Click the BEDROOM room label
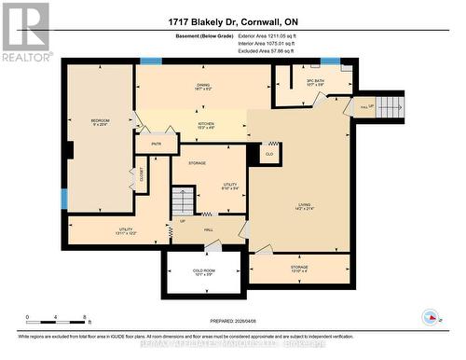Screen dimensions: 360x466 [x=99, y=121]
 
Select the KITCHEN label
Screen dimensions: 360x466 [x=206, y=125]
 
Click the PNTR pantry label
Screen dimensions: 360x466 [x=155, y=145]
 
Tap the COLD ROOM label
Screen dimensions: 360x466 [x=204, y=271]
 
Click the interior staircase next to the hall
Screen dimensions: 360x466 [x=184, y=201]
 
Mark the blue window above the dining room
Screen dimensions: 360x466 [x=151, y=62]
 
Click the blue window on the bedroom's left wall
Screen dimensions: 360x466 [x=63, y=199]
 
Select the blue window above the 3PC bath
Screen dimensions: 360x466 [x=330, y=62]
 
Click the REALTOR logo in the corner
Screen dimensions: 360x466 [x=26, y=32]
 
